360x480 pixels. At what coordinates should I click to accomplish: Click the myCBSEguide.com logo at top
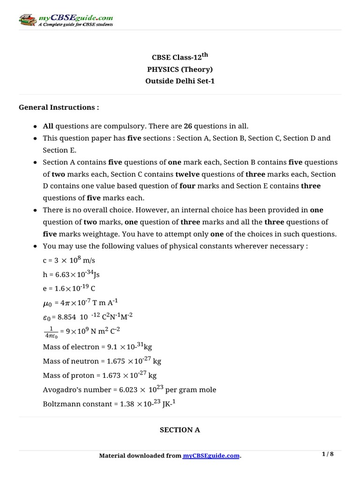tap(66, 21)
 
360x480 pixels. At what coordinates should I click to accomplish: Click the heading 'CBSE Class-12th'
tap(180, 58)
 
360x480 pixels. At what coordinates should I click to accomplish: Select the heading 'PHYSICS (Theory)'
tap(180, 69)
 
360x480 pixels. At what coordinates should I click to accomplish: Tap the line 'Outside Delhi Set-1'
tap(180, 81)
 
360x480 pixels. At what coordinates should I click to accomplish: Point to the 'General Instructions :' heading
tap(59, 107)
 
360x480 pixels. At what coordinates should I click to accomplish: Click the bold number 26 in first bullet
tap(187, 126)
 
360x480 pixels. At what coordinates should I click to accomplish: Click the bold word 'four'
tap(187, 186)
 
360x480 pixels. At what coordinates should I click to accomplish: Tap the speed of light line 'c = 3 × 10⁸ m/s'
tap(69, 260)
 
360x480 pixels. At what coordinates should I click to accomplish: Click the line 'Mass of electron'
tap(97, 347)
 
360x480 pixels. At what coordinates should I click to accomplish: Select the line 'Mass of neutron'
tap(102, 361)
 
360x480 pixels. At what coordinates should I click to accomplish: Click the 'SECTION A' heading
tap(180, 430)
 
